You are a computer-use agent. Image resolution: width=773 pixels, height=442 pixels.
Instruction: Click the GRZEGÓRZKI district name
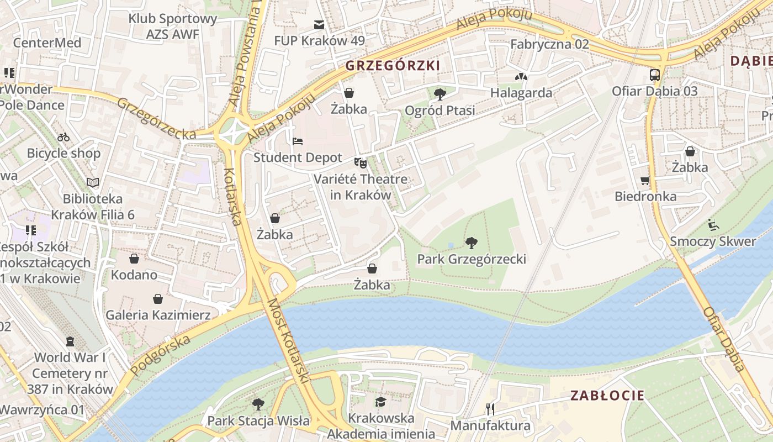point(393,66)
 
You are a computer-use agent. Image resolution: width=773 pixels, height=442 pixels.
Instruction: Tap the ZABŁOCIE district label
point(607,396)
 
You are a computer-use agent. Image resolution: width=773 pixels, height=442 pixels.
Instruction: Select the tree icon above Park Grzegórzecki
point(471,243)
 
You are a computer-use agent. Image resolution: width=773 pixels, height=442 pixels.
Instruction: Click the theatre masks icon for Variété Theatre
point(361,162)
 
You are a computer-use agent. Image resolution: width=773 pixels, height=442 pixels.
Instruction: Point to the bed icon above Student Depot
point(298,141)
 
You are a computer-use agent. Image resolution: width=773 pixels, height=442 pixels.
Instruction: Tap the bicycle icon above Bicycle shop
point(64,137)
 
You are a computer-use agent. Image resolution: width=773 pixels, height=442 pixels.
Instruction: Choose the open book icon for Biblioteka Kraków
point(93,182)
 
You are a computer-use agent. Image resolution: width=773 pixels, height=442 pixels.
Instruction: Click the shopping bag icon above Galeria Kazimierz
point(158,299)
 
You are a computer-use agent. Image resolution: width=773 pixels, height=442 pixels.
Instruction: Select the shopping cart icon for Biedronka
point(645,180)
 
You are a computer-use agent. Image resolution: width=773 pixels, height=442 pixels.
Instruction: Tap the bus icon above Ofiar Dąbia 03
point(655,75)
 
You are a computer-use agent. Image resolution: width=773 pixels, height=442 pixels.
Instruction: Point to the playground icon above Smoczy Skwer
point(713,225)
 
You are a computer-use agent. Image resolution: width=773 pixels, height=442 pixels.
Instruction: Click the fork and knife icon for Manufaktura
point(490,409)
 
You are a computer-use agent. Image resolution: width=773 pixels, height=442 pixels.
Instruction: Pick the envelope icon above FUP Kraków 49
point(319,25)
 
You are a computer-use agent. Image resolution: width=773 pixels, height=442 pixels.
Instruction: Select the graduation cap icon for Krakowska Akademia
point(381,402)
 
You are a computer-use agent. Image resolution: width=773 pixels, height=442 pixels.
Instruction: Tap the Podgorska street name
point(161,354)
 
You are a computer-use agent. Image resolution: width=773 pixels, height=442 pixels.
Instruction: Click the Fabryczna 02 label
point(549,44)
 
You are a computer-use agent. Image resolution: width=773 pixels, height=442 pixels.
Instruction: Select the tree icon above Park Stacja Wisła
point(258,404)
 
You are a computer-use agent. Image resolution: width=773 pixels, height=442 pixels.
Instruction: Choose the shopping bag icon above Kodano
point(134,259)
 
